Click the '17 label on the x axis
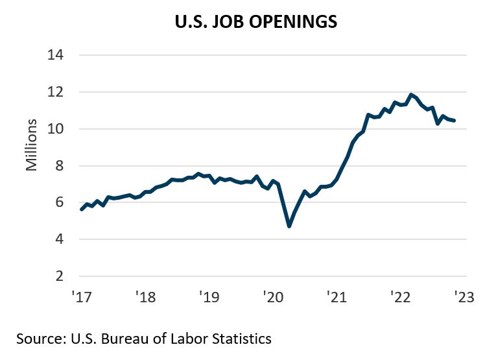click(82, 298)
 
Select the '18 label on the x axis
click(145, 298)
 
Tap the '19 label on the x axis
click(209, 298)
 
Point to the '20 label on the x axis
click(272, 298)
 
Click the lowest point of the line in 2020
click(289, 226)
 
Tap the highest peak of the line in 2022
click(411, 95)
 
